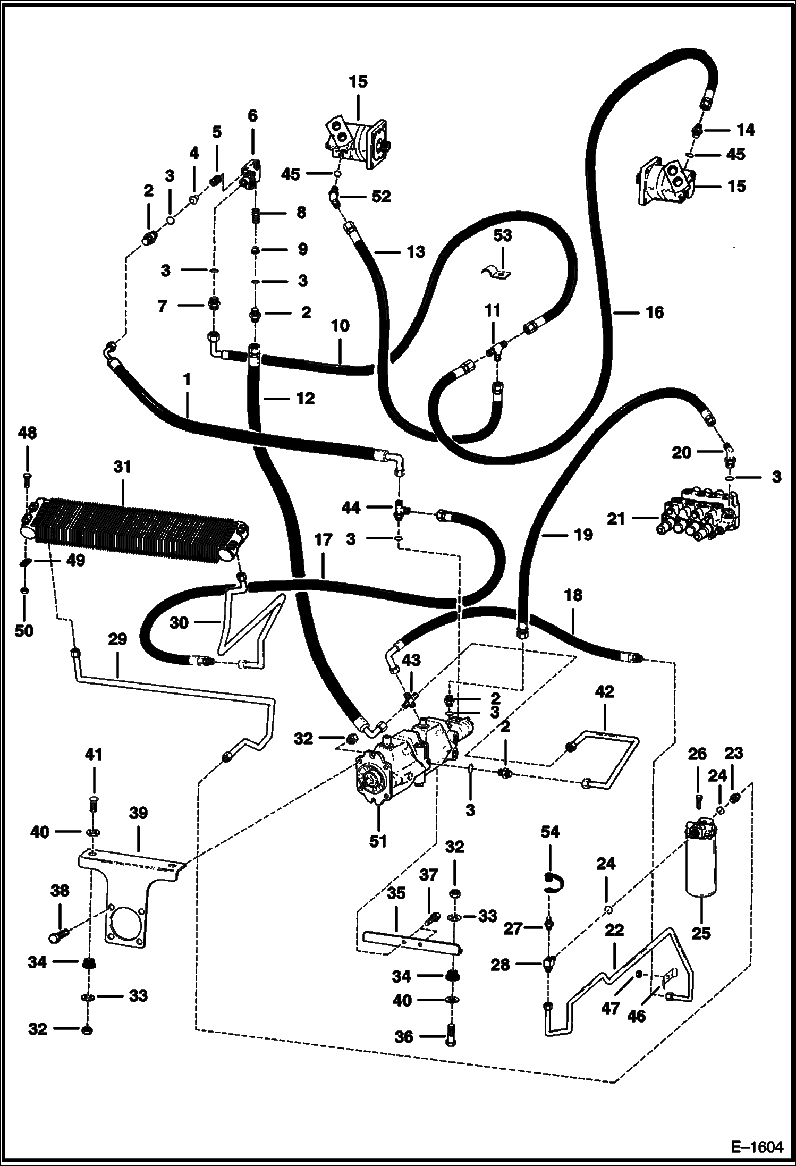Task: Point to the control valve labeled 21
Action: pos(696,513)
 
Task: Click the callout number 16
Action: pos(655,312)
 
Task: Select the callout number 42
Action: pos(605,691)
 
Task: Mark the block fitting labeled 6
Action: pos(252,171)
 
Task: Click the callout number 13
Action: pos(416,252)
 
